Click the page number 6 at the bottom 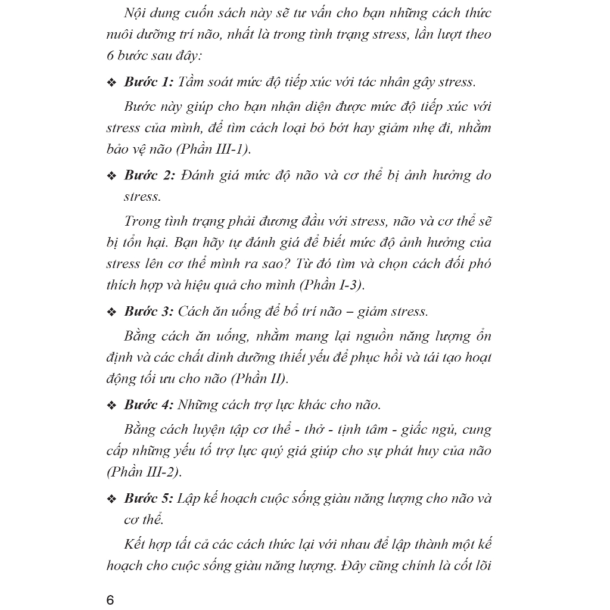point(110,599)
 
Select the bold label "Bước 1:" point(148,82)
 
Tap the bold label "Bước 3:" point(148,311)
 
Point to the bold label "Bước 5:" point(148,498)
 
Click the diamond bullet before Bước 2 point(111,176)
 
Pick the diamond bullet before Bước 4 point(111,406)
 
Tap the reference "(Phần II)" point(260,378)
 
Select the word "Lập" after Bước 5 point(190,498)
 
